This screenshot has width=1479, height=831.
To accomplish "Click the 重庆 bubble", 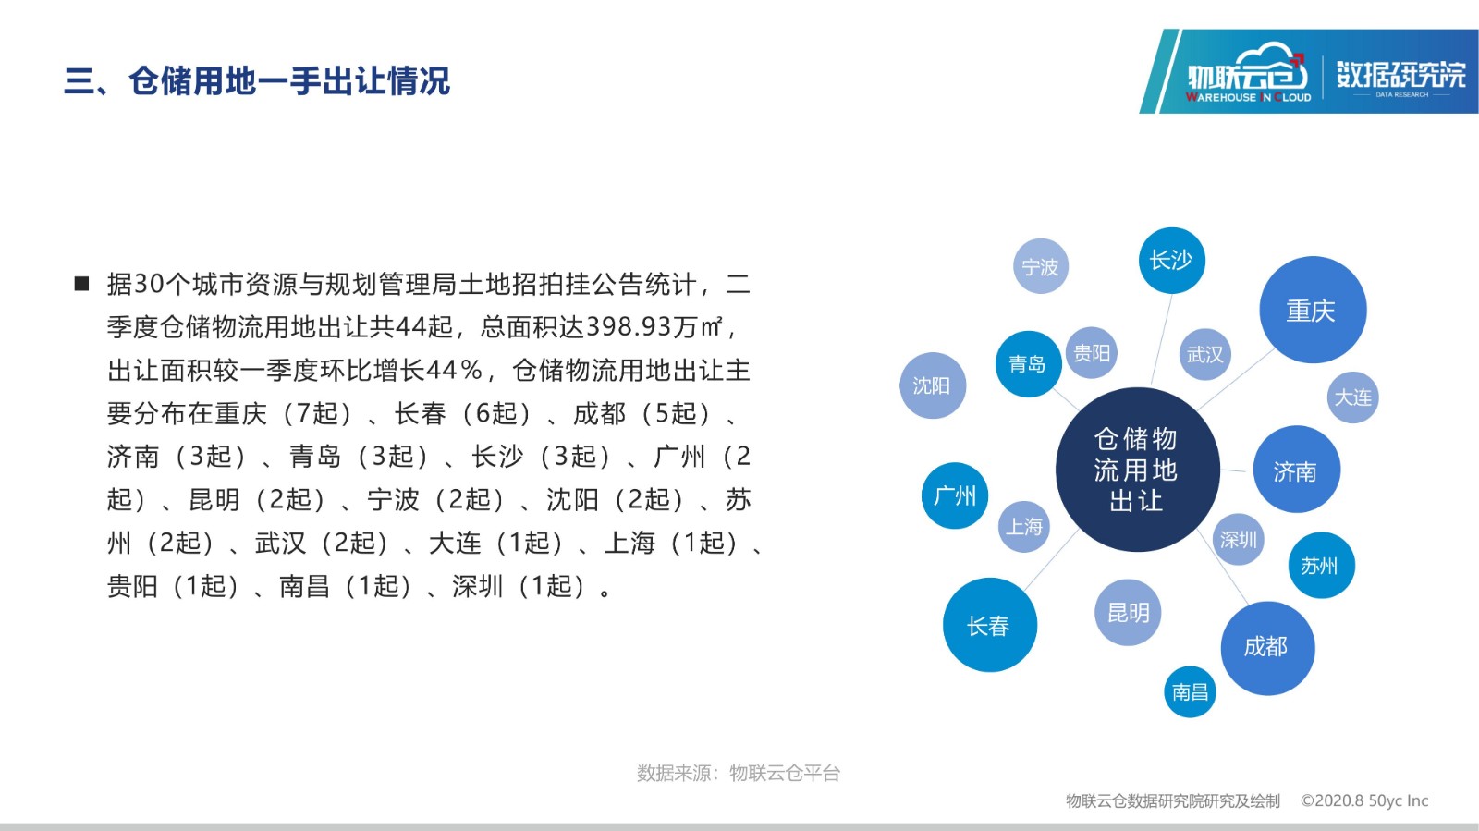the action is click(1313, 310).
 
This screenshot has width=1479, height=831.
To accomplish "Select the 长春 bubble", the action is click(990, 624).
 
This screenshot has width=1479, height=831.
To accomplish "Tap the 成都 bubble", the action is click(1267, 647).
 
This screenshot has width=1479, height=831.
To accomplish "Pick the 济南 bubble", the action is click(1296, 470).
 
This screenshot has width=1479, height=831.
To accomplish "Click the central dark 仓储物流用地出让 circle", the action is click(1137, 470).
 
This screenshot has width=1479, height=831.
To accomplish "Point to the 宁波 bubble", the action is click(1041, 266).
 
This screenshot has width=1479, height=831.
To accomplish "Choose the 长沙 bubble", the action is click(1171, 260).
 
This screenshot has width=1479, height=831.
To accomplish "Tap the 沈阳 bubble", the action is click(933, 385).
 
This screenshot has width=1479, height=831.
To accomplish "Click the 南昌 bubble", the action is click(1190, 691).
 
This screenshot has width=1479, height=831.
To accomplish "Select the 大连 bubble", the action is click(1352, 397).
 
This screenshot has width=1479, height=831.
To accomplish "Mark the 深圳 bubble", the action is click(1238, 539).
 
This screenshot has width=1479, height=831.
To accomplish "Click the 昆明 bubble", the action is click(1128, 613).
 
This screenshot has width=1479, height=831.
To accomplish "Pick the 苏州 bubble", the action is click(1321, 565).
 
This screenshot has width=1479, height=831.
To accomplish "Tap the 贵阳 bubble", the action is click(1092, 352).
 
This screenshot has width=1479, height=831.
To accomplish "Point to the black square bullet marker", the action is click(82, 285).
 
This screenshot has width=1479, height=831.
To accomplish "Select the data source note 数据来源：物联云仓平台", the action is click(739, 773).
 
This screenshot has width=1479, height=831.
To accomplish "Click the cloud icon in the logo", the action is click(1272, 64).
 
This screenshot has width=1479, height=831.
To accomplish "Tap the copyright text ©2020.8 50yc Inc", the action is click(1364, 800).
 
